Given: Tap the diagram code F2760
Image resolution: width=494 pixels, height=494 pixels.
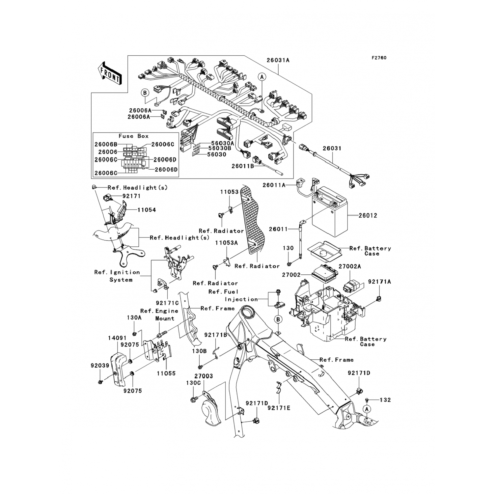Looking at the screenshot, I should coord(379,58).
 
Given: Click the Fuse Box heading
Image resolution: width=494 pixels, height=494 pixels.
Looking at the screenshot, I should coord(133,136).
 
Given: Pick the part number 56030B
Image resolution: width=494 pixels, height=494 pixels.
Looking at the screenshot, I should coord(220,149).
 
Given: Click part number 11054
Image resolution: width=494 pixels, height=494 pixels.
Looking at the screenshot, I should coord(147,210).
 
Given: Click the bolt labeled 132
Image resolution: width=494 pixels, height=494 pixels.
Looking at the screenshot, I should coord(367,400).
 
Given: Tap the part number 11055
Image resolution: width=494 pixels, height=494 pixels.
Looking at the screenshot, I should coord(166,373).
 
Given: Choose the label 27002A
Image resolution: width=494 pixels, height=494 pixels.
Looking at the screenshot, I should coord(350,266).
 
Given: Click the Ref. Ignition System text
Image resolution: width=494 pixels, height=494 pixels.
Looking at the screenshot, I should coord(117,276).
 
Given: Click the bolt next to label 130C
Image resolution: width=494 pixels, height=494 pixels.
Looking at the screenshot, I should coord(193,400).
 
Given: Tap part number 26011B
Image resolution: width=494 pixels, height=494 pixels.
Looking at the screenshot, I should coord(243,167).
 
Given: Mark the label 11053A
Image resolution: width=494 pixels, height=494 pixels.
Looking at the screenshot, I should coord(226,243).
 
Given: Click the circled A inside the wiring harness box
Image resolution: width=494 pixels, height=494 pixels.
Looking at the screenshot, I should coord(262,77).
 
